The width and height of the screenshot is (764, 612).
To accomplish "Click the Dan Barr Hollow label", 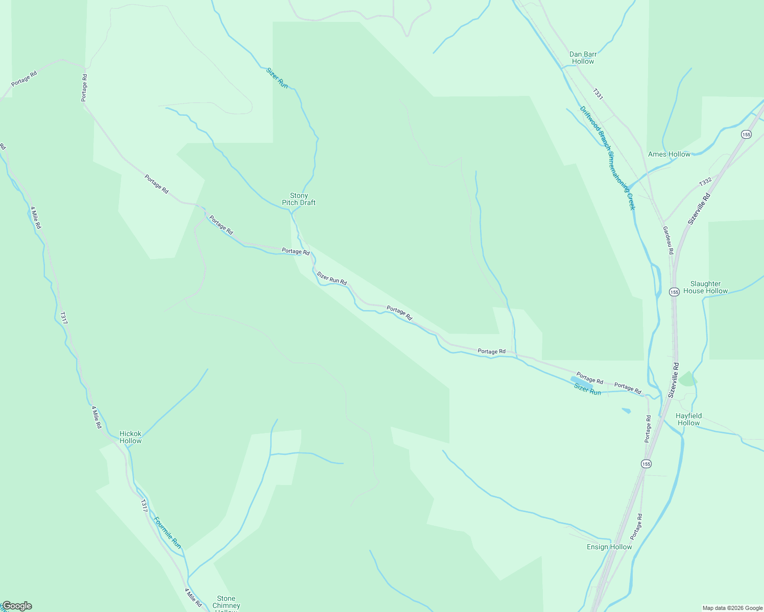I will (x=583, y=58).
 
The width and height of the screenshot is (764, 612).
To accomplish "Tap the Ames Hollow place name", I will (x=669, y=154).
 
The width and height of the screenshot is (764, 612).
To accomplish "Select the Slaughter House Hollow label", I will (x=705, y=287).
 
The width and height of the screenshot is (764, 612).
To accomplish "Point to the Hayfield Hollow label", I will (x=688, y=419).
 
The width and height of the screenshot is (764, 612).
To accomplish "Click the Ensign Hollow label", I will (x=609, y=547).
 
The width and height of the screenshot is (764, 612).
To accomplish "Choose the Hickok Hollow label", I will (x=130, y=437).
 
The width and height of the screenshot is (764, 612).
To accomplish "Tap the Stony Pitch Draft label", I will (x=299, y=199).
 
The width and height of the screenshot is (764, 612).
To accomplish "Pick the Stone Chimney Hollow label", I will (x=226, y=602).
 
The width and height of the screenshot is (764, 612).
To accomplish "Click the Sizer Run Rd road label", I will (x=331, y=278).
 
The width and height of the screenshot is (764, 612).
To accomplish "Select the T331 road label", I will (x=598, y=94).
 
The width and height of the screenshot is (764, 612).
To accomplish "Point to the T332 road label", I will (x=705, y=182).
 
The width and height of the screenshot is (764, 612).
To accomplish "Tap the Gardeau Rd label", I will (x=668, y=240).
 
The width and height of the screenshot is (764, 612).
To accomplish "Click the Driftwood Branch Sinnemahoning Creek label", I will (x=607, y=158).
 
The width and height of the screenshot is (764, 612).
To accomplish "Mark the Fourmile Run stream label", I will (x=168, y=533).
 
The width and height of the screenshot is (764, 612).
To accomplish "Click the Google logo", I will (x=17, y=606).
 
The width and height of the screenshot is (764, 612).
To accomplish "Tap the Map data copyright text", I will (x=732, y=608).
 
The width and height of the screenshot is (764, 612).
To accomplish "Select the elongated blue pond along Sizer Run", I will (x=582, y=382).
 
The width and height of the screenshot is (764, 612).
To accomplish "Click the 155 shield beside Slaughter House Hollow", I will (x=674, y=292).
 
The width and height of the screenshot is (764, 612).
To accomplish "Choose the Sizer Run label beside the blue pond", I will (x=587, y=390).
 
